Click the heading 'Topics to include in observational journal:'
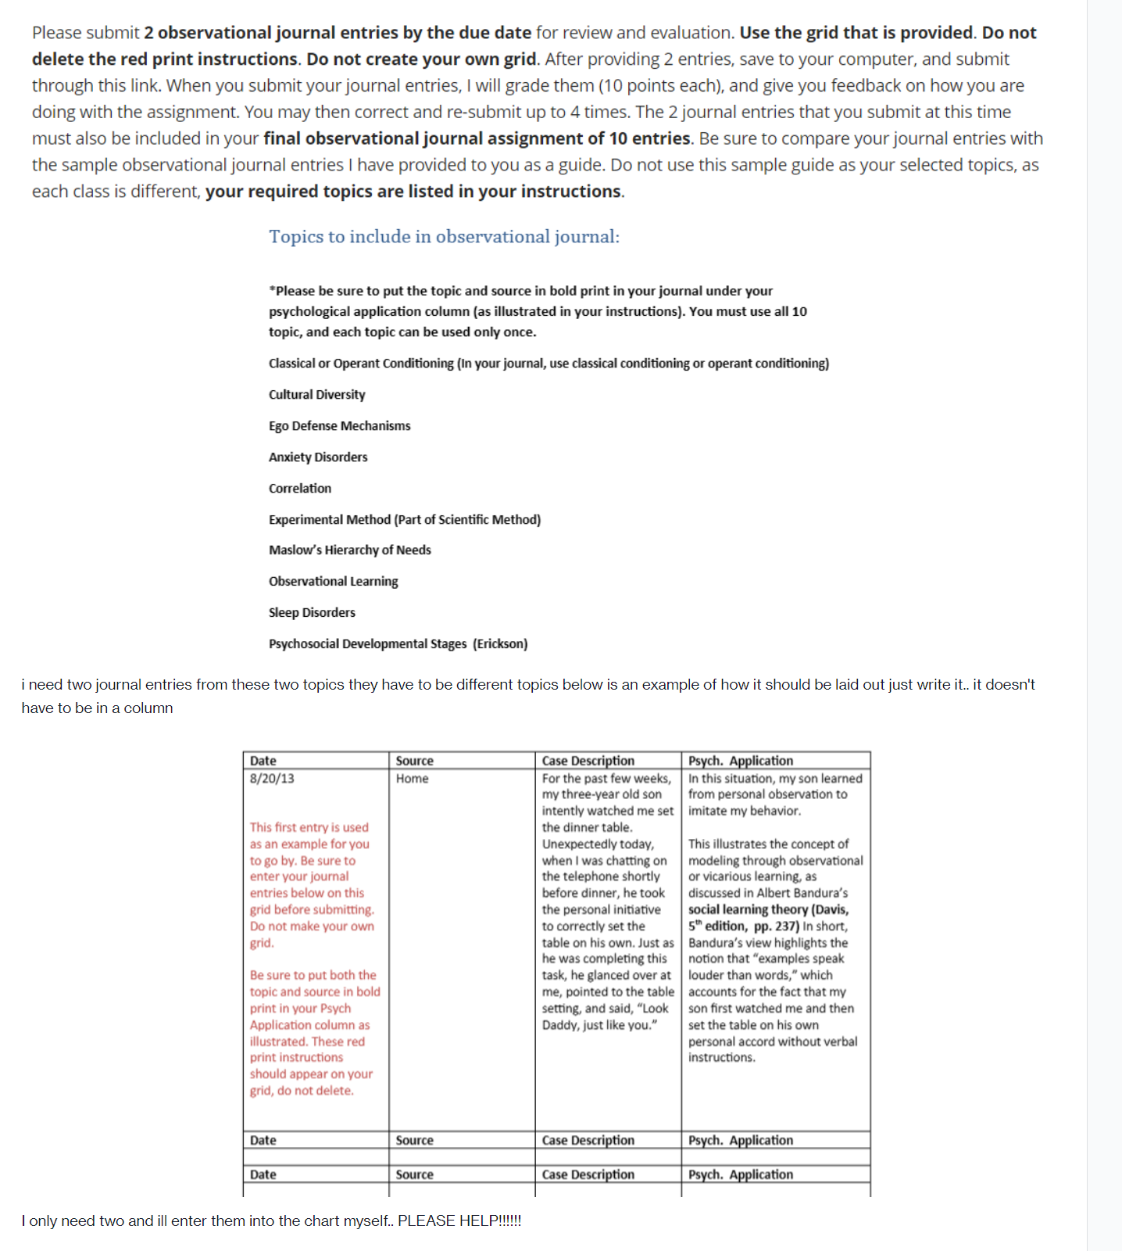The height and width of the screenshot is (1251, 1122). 444,236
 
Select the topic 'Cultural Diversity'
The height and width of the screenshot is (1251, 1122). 316,394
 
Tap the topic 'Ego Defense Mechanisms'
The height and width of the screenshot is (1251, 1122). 339,425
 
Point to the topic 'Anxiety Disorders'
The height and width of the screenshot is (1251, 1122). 317,457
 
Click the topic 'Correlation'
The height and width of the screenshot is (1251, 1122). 299,488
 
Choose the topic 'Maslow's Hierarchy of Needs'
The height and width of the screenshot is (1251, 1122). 349,550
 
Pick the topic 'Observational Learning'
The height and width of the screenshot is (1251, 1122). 333,581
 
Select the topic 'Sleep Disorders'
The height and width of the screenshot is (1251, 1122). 312,612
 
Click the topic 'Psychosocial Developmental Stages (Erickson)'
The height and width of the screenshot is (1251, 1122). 398,643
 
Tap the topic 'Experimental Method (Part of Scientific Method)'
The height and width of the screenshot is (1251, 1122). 404,519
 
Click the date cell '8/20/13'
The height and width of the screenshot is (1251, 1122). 272,778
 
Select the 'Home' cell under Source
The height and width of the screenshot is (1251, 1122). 412,778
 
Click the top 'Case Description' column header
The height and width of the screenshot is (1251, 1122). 588,760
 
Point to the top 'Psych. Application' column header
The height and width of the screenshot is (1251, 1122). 740,760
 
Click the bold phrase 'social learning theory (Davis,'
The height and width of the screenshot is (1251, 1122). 767,909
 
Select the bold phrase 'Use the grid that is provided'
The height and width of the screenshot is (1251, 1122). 856,32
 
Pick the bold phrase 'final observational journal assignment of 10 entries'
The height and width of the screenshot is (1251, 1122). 477,138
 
